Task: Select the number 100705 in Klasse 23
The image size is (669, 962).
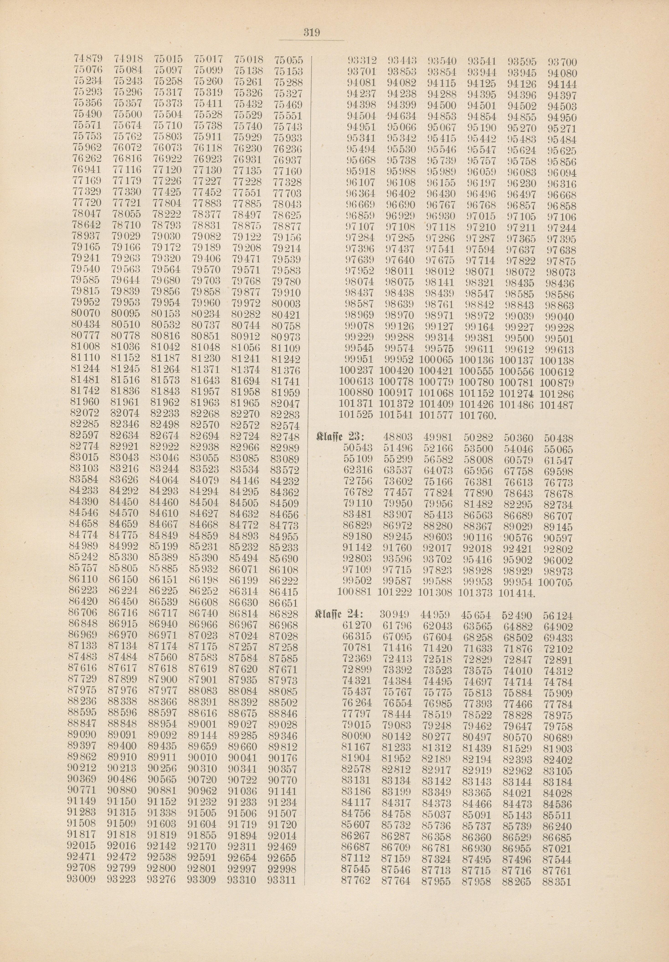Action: (556, 582)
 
